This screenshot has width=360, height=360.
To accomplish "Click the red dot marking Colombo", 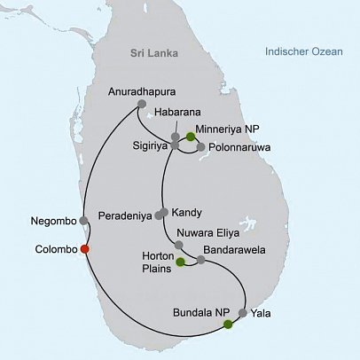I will point(84,249).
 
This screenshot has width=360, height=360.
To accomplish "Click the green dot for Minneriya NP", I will point(190,137).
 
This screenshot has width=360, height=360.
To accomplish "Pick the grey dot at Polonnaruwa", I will point(201,146).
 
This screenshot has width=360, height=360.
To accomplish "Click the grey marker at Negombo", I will point(83,220).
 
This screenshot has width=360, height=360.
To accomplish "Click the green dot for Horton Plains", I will point(180,262).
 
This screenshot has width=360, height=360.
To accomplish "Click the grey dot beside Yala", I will point(242,313).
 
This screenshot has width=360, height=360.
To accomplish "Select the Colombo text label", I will point(54,249).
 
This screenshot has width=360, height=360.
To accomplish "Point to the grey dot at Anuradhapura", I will point(142,108).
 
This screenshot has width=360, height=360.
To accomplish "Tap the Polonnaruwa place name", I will point(239,147).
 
